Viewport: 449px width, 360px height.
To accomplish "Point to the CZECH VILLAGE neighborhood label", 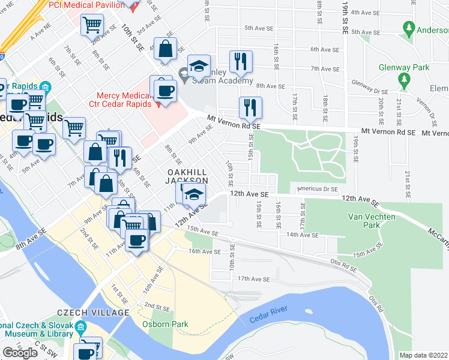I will pyautogui.click(x=93, y=313).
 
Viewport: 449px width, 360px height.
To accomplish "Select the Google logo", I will pyautogui.click(x=20, y=353).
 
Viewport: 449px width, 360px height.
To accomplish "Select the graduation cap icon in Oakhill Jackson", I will pyautogui.click(x=194, y=193).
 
